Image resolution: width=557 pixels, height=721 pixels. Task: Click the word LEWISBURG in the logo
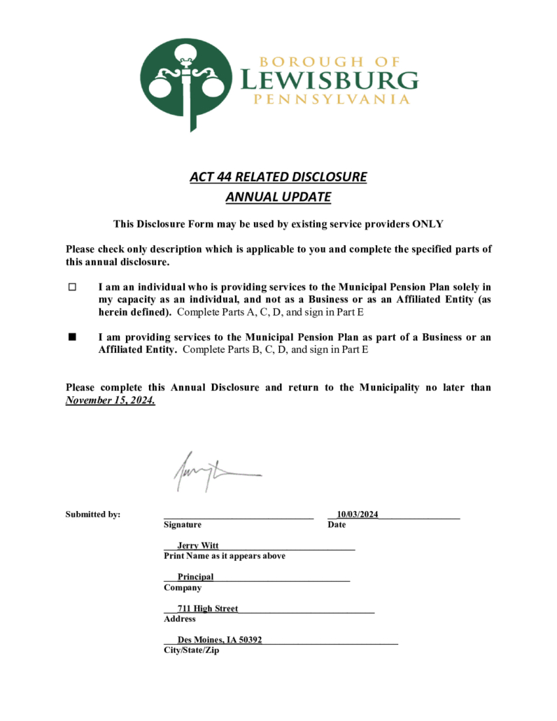pyautogui.click(x=330, y=80)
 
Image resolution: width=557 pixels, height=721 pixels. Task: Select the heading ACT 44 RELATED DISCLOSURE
pyautogui.click(x=278, y=176)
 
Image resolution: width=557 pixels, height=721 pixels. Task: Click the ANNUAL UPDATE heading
pyautogui.click(x=278, y=197)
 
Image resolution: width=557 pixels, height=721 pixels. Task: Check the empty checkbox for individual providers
pyautogui.click(x=71, y=287)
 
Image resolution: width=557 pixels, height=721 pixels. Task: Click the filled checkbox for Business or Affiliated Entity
pyautogui.click(x=71, y=337)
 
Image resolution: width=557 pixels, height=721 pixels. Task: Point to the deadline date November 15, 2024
pyautogui.click(x=111, y=401)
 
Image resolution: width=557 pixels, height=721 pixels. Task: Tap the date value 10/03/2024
pyautogui.click(x=357, y=514)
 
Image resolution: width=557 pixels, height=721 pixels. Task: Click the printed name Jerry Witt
pyautogui.click(x=198, y=545)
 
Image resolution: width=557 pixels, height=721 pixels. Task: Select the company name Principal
pyautogui.click(x=195, y=577)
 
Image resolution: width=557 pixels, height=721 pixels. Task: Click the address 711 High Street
pyautogui.click(x=207, y=609)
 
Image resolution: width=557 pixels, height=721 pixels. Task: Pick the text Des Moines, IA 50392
pyautogui.click(x=220, y=640)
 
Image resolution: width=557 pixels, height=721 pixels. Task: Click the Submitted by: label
pyautogui.click(x=93, y=514)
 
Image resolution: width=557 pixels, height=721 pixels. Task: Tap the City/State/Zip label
pyautogui.click(x=191, y=650)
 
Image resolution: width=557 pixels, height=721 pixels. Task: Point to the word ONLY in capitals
pyautogui.click(x=428, y=223)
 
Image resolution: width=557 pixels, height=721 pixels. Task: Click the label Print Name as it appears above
pyautogui.click(x=224, y=556)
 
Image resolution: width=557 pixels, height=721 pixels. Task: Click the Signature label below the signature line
pyautogui.click(x=182, y=524)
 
